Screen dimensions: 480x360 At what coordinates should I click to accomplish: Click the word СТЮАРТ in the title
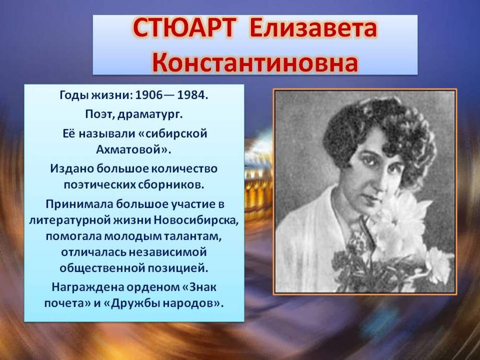185,28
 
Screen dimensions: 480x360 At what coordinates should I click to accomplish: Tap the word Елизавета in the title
313,28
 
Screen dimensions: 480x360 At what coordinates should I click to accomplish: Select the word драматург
150,115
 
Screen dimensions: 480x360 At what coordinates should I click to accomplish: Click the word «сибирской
173,134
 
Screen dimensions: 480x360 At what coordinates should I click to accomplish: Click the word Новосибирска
196,220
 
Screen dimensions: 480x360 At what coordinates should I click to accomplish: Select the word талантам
192,237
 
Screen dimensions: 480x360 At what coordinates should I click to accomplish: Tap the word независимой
168,252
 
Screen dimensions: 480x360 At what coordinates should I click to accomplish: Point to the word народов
193,303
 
